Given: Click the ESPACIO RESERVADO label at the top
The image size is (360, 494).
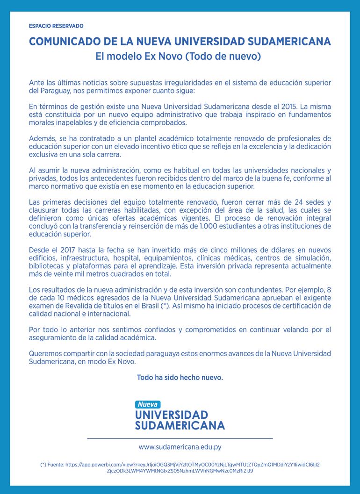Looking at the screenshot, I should [x=56, y=26].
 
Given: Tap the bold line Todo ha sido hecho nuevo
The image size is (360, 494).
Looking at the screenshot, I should [x=180, y=377].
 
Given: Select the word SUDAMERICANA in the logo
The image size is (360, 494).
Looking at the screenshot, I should [x=180, y=425].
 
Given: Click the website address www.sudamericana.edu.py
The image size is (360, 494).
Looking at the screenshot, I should [x=180, y=447].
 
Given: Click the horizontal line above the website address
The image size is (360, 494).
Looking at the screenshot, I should [x=180, y=438].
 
